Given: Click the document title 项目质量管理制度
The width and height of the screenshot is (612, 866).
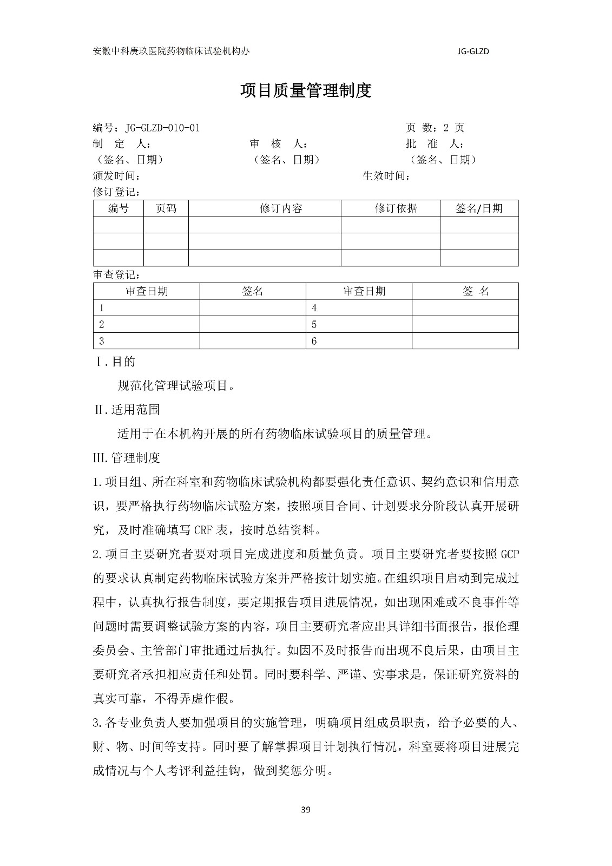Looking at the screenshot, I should coord(306,90).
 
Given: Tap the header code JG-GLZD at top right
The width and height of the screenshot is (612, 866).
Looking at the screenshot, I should coord(473,51).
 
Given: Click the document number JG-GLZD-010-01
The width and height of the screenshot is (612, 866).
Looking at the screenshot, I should coord(162,128).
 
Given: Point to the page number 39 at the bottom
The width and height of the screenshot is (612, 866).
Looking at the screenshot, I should coord(306,810).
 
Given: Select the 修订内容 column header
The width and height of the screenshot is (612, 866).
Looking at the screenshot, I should coord(281,208).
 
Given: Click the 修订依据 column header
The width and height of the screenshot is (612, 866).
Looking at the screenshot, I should coord(396,208).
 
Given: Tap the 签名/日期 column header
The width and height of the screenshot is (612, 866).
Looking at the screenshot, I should coord(479,208).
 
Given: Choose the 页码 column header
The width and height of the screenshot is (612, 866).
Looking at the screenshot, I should coord(166,208).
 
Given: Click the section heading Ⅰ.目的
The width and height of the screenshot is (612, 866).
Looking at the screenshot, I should coord(115,362).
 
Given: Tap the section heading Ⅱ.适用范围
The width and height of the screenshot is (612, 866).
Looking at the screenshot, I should coord(127,410).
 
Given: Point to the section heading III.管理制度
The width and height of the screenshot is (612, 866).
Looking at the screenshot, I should coord(127,458).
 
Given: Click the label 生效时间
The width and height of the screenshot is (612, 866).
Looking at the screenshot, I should coord(386,176).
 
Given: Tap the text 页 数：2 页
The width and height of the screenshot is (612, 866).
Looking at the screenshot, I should coord(435,128).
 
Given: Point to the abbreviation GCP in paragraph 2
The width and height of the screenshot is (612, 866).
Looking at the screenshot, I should coord(510,554).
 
